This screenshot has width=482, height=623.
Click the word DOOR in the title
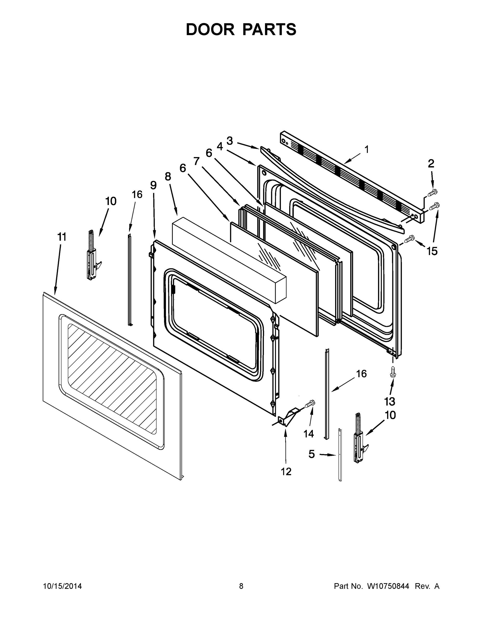coord(210,29)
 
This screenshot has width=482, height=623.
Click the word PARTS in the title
coord(269,29)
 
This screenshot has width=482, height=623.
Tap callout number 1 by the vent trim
coord(367,149)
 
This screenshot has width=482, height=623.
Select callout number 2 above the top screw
coord(431,164)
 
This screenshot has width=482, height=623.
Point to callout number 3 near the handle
coord(230,141)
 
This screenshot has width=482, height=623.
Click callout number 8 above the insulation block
coord(168,177)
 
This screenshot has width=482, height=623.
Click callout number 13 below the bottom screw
coord(389,401)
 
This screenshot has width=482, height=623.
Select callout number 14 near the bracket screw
coord(309,434)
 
